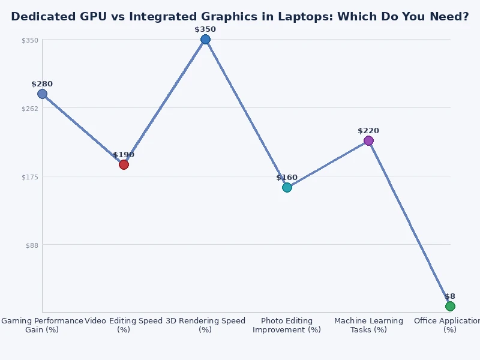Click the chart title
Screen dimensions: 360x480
(x=240, y=17)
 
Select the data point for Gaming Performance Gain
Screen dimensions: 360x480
(x=42, y=94)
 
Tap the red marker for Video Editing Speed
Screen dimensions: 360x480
(x=124, y=164)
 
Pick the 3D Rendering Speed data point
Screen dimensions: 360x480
(x=205, y=40)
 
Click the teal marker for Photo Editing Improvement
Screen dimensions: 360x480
(x=287, y=187)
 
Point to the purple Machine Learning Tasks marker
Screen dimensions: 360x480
(x=368, y=140)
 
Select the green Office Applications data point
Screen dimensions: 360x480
(x=450, y=306)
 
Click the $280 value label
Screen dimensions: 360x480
(x=42, y=84)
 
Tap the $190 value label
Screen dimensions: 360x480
(x=124, y=155)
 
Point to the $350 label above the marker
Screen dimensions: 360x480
(x=205, y=29)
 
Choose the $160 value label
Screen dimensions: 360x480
(x=287, y=178)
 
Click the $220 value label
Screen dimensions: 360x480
(x=368, y=131)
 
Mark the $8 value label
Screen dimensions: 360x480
(x=450, y=296)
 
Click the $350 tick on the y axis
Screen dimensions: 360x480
(x=31, y=40)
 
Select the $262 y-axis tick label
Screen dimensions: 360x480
(x=31, y=109)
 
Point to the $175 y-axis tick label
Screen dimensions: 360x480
(x=31, y=177)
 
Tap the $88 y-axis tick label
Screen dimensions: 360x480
(x=32, y=245)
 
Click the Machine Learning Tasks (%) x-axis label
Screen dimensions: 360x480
(x=368, y=325)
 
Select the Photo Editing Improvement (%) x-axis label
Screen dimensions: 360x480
(x=287, y=325)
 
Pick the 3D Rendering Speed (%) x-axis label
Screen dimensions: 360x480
(x=205, y=325)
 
